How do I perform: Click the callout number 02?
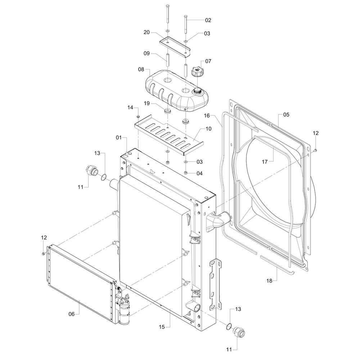(208, 20)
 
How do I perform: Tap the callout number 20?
(147, 32)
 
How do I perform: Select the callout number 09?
(147, 54)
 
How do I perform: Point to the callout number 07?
(208, 61)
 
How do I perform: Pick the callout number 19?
(147, 103)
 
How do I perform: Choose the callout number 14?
(130, 108)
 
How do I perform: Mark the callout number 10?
(208, 129)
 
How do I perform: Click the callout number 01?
(119, 138)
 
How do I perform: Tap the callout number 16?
(207, 116)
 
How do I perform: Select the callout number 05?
(286, 115)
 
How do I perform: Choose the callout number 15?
(162, 327)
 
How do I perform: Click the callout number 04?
(199, 173)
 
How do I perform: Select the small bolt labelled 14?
(138, 117)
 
